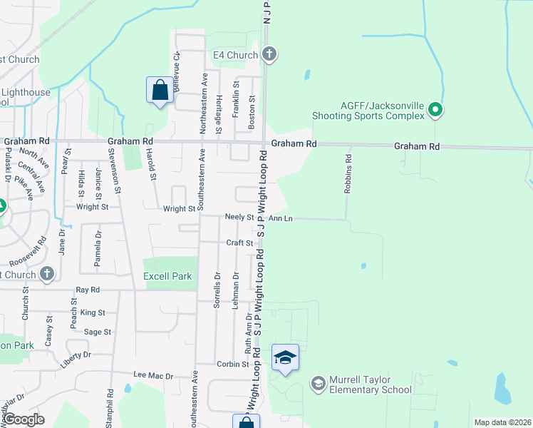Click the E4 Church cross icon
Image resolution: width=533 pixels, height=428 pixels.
269,53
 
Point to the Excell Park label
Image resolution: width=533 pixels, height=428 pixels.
167,276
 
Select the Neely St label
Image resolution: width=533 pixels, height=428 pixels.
239,216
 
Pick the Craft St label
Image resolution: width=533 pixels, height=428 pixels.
240,243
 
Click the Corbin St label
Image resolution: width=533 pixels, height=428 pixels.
232,364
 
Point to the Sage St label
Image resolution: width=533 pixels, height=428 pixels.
98,332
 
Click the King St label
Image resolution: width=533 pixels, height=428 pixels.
93,312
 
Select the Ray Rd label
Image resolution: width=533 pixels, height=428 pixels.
88,290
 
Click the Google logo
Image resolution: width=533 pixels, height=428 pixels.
24,419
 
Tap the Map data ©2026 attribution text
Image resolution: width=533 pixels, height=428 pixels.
502,422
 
